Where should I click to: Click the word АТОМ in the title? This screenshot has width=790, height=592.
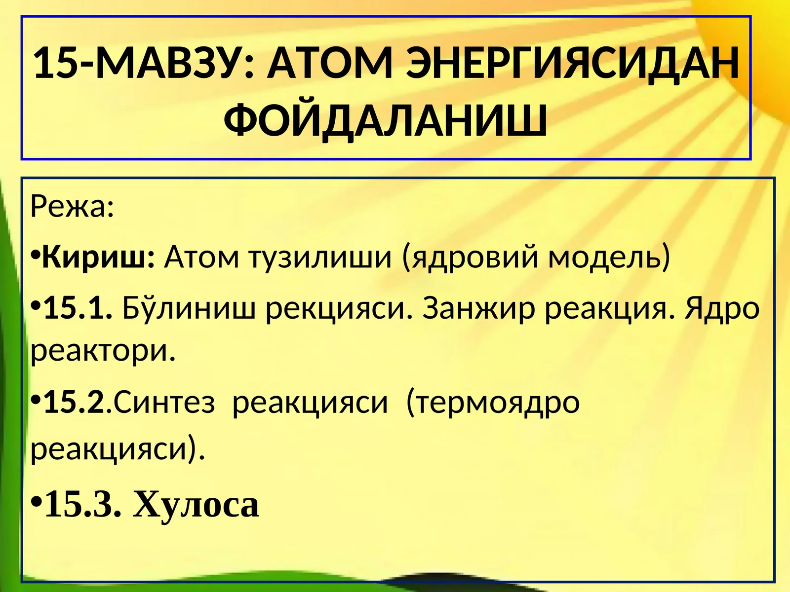click(x=330, y=64)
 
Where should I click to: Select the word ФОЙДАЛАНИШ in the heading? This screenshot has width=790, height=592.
click(x=386, y=120)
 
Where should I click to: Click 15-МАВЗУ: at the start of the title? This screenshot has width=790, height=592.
click(x=144, y=64)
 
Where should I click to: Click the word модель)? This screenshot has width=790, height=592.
click(x=610, y=257)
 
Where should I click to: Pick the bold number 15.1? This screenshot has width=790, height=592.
click(x=79, y=308)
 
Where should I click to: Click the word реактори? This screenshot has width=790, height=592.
click(x=103, y=351)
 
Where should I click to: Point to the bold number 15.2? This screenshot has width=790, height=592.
click(x=75, y=402)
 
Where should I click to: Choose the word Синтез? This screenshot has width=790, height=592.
click(x=165, y=402)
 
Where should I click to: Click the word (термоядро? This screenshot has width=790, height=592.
click(x=492, y=402)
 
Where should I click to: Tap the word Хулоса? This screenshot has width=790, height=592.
click(x=196, y=505)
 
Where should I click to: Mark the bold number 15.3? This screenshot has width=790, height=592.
click(x=83, y=505)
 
